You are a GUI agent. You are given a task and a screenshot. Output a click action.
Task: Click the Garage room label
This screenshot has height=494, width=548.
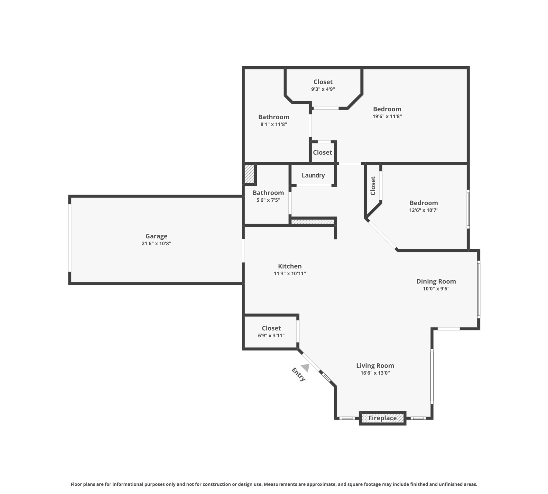pos(156,236)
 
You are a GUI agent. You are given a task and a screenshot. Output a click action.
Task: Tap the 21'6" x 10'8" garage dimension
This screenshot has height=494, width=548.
pos(156,243)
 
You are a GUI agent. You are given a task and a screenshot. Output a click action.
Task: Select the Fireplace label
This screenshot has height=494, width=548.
pos(382,418)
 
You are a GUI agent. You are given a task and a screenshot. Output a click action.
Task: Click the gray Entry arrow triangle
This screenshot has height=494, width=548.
pos(306,368)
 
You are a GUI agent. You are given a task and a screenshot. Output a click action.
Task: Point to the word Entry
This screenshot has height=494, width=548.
pos(298,374)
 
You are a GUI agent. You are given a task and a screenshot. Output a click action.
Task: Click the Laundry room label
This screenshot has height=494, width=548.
pos(313,175)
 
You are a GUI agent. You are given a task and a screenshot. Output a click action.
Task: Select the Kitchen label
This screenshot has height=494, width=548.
pos(290,266)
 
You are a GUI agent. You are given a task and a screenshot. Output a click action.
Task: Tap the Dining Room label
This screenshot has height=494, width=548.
pos(436,281)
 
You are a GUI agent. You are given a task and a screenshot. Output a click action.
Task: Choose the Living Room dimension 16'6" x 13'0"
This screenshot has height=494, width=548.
pos(375,373)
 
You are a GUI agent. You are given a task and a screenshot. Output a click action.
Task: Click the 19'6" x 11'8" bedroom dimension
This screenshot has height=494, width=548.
pos(387,116)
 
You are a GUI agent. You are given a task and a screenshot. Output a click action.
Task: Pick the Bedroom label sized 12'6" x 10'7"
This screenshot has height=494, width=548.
pos(423,203)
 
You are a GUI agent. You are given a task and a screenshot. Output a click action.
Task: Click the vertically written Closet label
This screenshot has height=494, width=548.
pos(373,186)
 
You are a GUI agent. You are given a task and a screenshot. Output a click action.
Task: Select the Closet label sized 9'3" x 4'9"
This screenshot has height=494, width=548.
pos(323,82)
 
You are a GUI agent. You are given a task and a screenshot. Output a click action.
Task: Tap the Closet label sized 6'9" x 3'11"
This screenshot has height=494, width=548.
pos(271,328)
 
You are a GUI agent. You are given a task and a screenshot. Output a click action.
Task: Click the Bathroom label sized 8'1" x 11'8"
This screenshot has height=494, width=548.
pos(274,117)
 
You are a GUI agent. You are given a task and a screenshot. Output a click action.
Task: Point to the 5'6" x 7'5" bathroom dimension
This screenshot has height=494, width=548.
pos(268,200)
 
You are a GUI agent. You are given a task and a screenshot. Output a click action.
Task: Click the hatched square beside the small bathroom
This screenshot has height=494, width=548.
pos(249,174)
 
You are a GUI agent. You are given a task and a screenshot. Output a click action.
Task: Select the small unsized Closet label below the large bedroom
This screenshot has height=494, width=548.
pos(322,152)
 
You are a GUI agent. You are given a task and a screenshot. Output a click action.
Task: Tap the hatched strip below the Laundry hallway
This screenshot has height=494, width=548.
pos(313,222)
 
